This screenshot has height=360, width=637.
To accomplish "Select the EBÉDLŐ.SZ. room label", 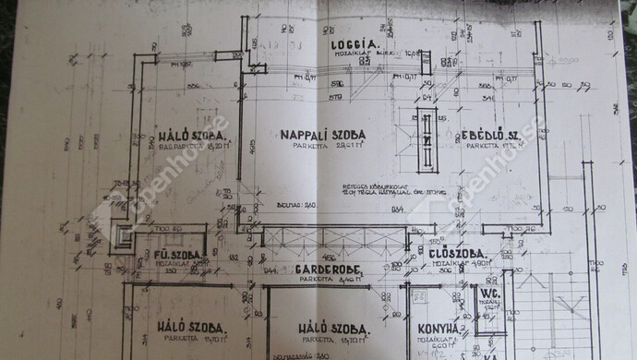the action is [489, 136].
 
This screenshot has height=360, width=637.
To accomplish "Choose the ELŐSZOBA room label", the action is [451, 252].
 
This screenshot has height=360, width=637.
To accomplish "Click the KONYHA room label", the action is [436, 329].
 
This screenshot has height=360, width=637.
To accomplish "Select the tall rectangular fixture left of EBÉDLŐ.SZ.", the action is [426, 140].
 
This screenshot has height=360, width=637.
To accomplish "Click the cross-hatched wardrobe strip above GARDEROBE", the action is [333, 237].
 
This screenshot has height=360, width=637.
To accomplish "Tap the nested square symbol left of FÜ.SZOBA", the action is [123, 238].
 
